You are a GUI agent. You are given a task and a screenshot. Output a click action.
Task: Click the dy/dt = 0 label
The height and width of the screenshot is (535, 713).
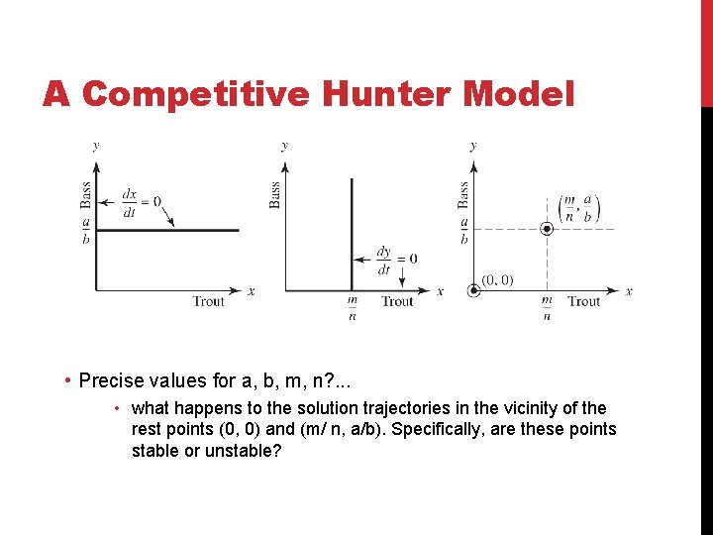(x=396, y=260)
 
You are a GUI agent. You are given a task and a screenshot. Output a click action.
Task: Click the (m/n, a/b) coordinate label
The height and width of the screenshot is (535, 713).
(x=579, y=208)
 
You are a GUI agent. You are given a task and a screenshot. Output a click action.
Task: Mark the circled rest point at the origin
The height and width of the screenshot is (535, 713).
(x=473, y=291)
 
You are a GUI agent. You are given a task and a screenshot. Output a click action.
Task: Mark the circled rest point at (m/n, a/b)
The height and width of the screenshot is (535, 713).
(x=546, y=229)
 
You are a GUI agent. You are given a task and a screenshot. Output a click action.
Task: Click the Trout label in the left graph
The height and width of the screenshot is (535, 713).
(x=209, y=301)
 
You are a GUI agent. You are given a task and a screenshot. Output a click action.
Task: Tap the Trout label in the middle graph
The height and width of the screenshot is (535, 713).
(x=397, y=301)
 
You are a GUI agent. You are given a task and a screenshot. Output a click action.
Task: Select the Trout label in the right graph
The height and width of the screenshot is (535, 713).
(x=584, y=301)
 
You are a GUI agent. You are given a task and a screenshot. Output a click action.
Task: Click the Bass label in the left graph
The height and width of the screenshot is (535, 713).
(x=85, y=193)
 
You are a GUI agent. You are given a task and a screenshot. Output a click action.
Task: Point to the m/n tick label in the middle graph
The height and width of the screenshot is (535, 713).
(x=352, y=308)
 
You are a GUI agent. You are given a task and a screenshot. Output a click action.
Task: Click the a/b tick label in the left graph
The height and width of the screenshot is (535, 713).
(x=86, y=230)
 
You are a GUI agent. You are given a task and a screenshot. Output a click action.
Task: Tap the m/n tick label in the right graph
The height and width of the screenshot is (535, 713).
(x=547, y=308)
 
